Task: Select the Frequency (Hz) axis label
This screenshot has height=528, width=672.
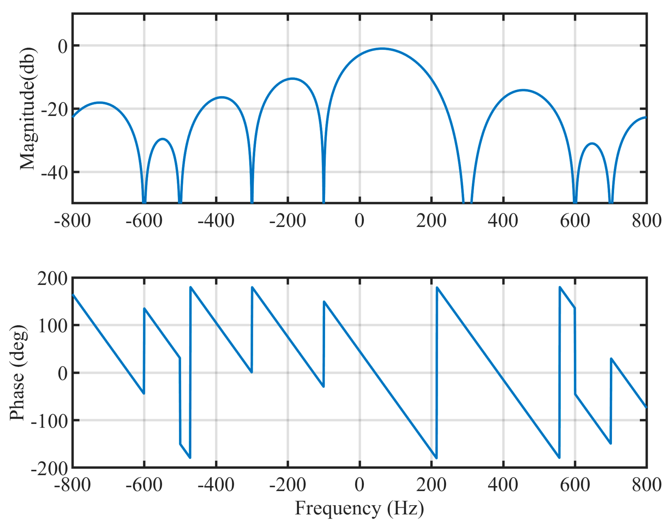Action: tap(359, 509)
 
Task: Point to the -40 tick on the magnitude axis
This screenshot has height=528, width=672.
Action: tap(55, 172)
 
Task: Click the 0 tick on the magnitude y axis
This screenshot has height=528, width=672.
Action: tap(63, 46)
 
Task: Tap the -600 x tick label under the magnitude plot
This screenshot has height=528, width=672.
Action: tap(144, 221)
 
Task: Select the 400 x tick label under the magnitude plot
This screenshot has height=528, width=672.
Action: tap(503, 221)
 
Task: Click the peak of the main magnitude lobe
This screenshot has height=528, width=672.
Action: tap(382, 49)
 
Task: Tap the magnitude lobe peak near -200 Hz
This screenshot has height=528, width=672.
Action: tap(292, 79)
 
